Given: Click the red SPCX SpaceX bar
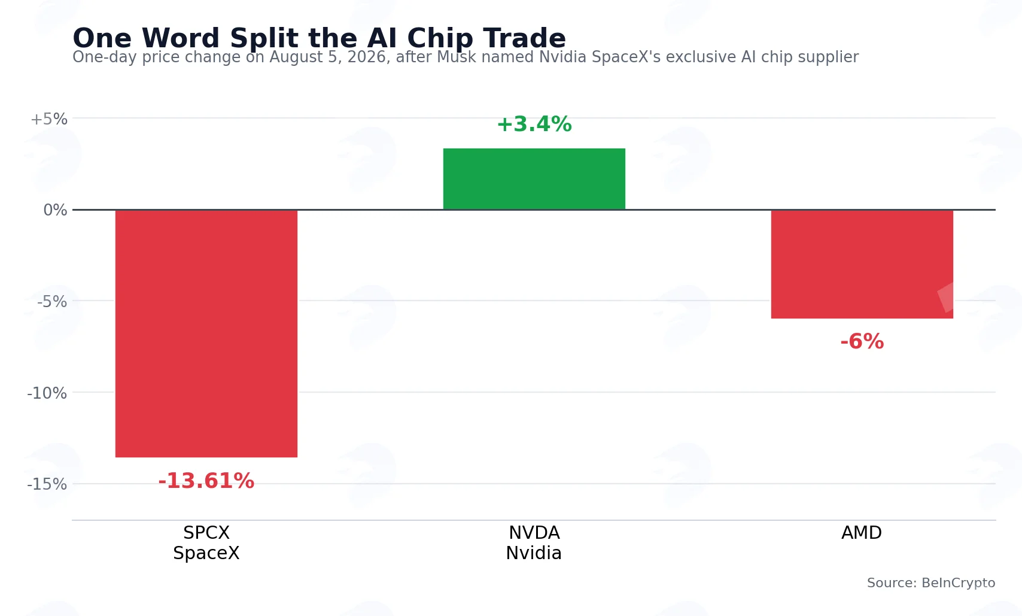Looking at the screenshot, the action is [x=206, y=333].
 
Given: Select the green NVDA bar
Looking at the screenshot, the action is [x=534, y=179].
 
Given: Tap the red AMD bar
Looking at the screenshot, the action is [x=862, y=264].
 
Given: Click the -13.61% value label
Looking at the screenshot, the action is [x=206, y=481].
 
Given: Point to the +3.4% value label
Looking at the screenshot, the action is [x=534, y=124].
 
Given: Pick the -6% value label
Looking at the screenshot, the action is [x=862, y=341].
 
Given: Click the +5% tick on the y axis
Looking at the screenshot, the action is [x=49, y=119].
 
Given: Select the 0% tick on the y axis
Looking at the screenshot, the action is [x=55, y=210].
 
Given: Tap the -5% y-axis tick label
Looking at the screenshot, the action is [x=52, y=302].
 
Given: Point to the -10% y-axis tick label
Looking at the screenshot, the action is [x=47, y=393].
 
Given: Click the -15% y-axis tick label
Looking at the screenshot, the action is [x=47, y=484].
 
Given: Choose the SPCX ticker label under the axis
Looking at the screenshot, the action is [x=206, y=533].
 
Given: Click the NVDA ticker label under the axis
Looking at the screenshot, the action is [x=534, y=533].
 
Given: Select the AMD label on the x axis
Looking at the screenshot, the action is [x=862, y=533].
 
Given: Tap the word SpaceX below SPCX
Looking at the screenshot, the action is [x=206, y=553].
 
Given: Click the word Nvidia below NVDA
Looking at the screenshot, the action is [x=534, y=553].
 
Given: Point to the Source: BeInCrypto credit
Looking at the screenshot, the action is [x=931, y=582].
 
